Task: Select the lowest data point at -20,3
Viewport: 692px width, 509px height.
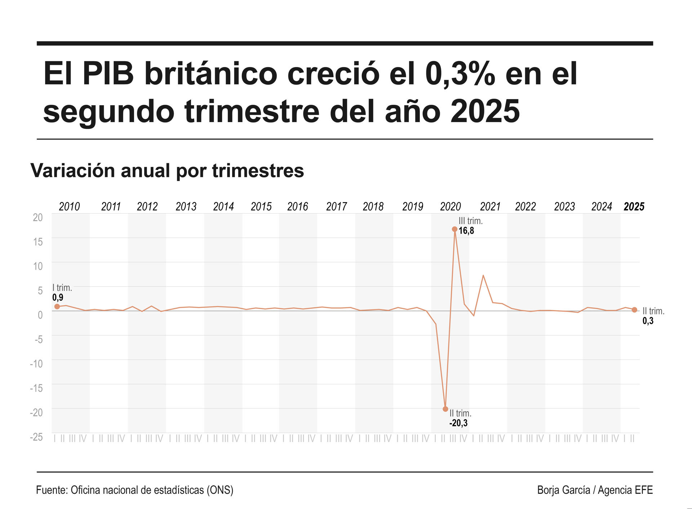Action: point(445,409)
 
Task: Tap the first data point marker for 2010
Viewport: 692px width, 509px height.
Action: point(57,307)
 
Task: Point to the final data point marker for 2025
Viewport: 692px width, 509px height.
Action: point(634,310)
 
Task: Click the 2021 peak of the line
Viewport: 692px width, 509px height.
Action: point(483,276)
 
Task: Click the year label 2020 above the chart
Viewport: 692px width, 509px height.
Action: point(450,206)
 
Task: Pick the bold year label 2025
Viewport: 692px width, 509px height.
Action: point(634,206)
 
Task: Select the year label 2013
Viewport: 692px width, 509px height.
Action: point(186,206)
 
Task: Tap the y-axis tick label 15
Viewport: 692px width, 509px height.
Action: point(38,242)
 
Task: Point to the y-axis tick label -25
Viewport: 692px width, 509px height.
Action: point(36,437)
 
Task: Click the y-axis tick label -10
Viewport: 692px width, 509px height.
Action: point(36,363)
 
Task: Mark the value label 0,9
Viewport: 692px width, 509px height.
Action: point(58,298)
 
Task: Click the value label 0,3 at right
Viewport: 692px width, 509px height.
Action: point(648,321)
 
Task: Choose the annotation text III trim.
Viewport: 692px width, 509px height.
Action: point(470,221)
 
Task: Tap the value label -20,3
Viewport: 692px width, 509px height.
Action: point(458,423)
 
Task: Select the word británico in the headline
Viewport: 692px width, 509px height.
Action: point(211,74)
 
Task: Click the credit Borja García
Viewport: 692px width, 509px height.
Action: point(563,490)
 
